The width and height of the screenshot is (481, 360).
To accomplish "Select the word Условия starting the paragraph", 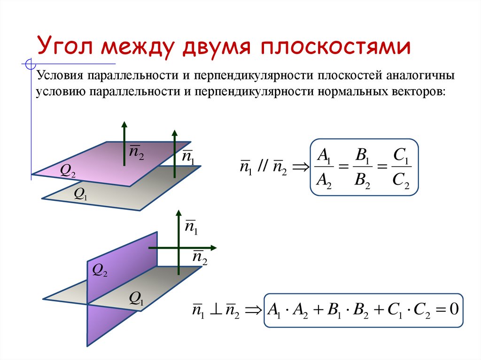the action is [x=59, y=77].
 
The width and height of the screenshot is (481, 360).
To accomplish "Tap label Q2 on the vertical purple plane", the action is [x=100, y=269].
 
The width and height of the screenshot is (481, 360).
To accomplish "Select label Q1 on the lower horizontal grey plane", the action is [x=136, y=298].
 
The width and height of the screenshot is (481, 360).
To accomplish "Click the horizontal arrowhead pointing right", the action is [x=213, y=247].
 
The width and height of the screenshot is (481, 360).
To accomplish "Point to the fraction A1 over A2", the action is [x=324, y=167].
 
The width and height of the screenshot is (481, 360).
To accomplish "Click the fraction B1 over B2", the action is [x=362, y=167].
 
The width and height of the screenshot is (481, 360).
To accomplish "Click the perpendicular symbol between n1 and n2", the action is [x=214, y=310].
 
